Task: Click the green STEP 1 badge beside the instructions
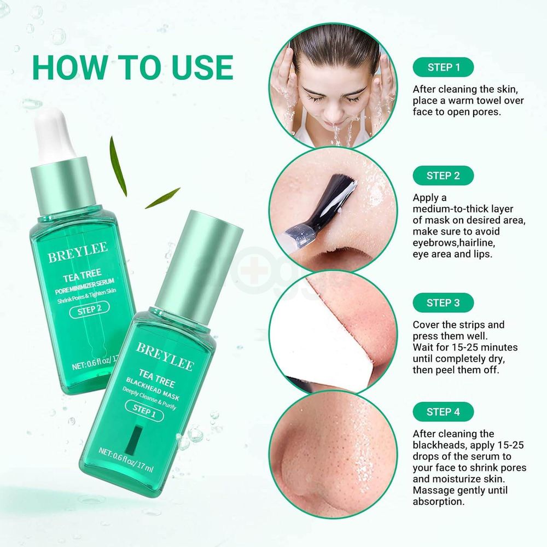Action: click(443, 67)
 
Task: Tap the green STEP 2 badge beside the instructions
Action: click(443, 176)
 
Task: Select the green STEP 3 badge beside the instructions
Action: click(443, 302)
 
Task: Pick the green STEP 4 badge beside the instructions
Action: click(443, 412)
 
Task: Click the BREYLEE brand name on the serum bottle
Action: click(77, 253)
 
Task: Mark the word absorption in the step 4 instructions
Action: click(439, 501)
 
